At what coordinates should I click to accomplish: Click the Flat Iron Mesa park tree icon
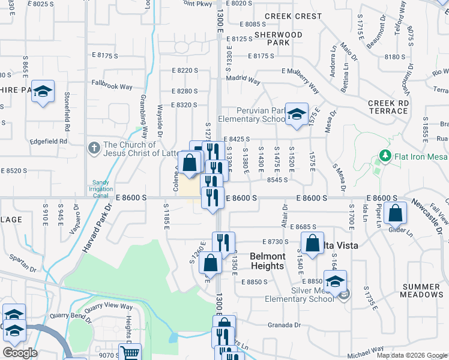tap(385, 157)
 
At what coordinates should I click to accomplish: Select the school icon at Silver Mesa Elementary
tap(335, 280)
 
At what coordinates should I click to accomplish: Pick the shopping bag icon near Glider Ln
tap(396, 212)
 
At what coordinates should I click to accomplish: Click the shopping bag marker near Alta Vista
tap(312, 242)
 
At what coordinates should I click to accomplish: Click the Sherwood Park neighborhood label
tap(279, 38)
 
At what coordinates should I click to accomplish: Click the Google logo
tap(20, 353)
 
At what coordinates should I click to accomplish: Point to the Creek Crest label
tap(293, 16)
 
